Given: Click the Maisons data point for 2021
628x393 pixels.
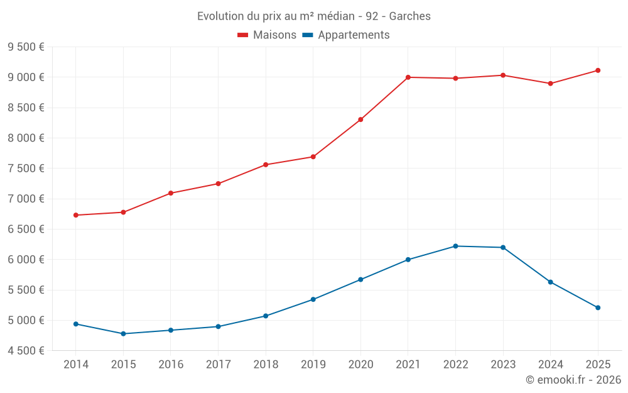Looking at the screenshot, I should tap(408, 77).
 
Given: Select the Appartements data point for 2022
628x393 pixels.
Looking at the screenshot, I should tap(455, 246).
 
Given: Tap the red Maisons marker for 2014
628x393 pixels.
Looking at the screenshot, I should tap(76, 215).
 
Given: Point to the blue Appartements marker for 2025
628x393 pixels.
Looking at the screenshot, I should tap(598, 307).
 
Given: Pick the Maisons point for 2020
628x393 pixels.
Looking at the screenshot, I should tap(360, 119).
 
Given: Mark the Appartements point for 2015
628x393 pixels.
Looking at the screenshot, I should tap(123, 334).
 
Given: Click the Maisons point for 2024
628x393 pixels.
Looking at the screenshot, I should tap(550, 84).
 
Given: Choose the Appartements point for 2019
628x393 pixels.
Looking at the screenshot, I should tap(313, 299).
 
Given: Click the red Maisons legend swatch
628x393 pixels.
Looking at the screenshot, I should tap(243, 35).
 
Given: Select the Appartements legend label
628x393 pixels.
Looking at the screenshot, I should tap(354, 35).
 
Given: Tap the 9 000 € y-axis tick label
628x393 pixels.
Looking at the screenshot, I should tap(26, 77).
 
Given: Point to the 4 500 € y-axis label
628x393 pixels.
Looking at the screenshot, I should tap(26, 351).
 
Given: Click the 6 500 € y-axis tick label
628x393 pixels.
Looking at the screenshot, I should tap(26, 229).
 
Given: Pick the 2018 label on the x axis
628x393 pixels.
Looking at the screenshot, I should tap(266, 365).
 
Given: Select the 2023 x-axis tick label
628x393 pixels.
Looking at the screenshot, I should tap(503, 365).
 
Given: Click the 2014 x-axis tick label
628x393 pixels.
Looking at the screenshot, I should tap(76, 365).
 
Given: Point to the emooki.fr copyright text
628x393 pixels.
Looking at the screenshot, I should tap(573, 380).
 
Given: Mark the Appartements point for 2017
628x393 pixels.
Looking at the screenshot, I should tap(218, 326).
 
